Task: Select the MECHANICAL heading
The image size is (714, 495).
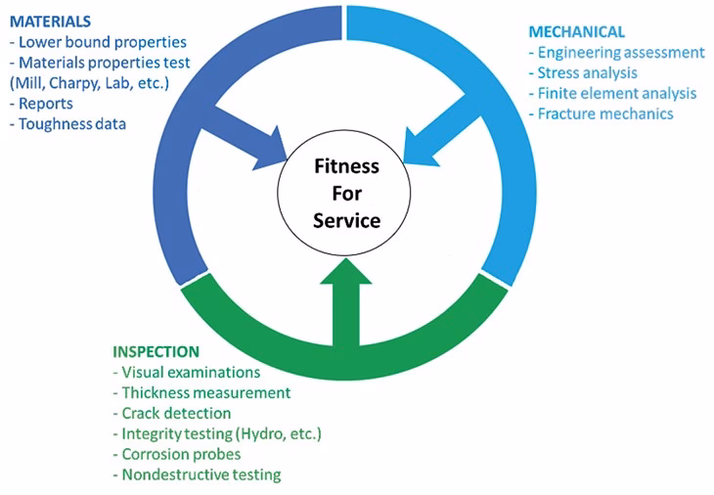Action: tap(576, 31)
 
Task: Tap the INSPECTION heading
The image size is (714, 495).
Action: tap(156, 351)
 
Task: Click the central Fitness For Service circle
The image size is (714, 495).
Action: tap(346, 194)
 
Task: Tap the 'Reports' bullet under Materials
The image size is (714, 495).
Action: tap(44, 104)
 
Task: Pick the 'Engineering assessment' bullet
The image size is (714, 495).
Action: tap(615, 52)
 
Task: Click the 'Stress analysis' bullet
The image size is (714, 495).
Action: tap(582, 72)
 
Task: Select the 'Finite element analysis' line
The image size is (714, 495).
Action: tap(611, 93)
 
